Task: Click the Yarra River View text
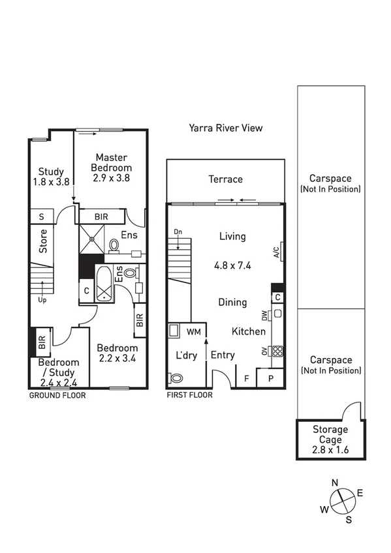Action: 225,128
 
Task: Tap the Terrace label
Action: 225,179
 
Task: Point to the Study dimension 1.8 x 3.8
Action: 51,183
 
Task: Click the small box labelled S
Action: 41,217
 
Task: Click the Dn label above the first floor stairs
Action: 178,232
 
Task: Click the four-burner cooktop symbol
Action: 277,351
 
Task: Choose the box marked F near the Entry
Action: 246,378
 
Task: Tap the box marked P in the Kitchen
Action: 270,378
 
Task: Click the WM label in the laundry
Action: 193,332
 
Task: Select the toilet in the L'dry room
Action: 176,378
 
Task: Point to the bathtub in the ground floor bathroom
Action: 105,285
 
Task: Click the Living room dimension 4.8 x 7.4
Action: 232,265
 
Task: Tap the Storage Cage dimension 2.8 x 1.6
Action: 330,450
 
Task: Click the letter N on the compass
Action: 335,483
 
